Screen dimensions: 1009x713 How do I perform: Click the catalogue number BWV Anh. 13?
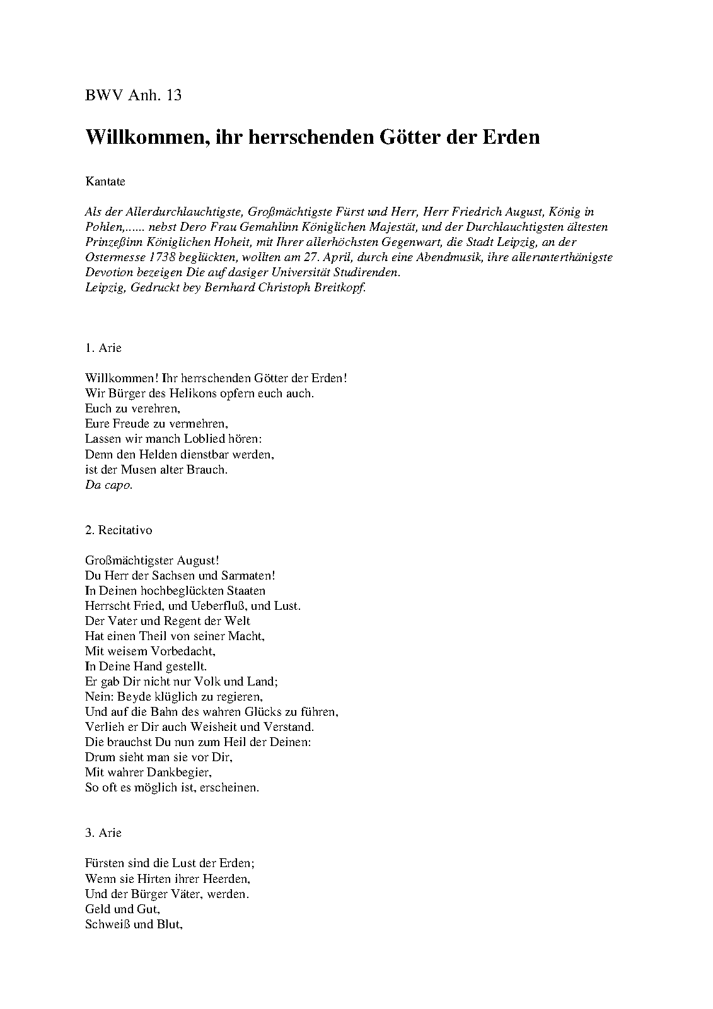tap(133, 95)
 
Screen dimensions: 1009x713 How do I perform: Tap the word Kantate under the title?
tap(105, 182)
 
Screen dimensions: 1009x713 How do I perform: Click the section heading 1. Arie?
tap(103, 347)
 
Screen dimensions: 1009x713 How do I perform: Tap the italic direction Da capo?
tap(108, 485)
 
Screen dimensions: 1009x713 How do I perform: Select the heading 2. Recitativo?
tap(119, 530)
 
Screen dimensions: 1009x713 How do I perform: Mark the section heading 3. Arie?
tap(103, 832)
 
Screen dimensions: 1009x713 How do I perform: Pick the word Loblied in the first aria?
tap(205, 439)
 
